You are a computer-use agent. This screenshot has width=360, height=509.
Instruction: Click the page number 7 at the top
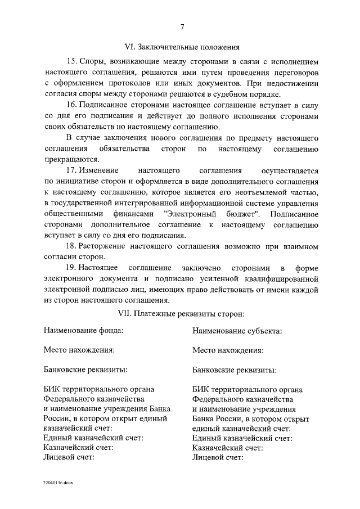[182, 26]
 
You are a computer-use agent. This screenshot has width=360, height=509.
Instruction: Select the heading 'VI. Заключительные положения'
[182, 47]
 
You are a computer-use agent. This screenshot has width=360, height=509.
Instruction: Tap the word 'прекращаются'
[71, 159]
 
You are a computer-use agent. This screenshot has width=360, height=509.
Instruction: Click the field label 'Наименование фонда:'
[83, 331]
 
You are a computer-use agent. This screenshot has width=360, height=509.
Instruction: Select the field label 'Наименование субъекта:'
[237, 331]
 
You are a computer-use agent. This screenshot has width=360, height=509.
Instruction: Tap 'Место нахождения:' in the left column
[79, 350]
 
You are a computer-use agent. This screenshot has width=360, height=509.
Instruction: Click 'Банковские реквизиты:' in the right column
[234, 370]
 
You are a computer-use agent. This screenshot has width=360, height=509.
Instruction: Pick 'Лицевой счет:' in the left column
[69, 457]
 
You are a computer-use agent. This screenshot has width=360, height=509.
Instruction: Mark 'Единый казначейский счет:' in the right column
[242, 438]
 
